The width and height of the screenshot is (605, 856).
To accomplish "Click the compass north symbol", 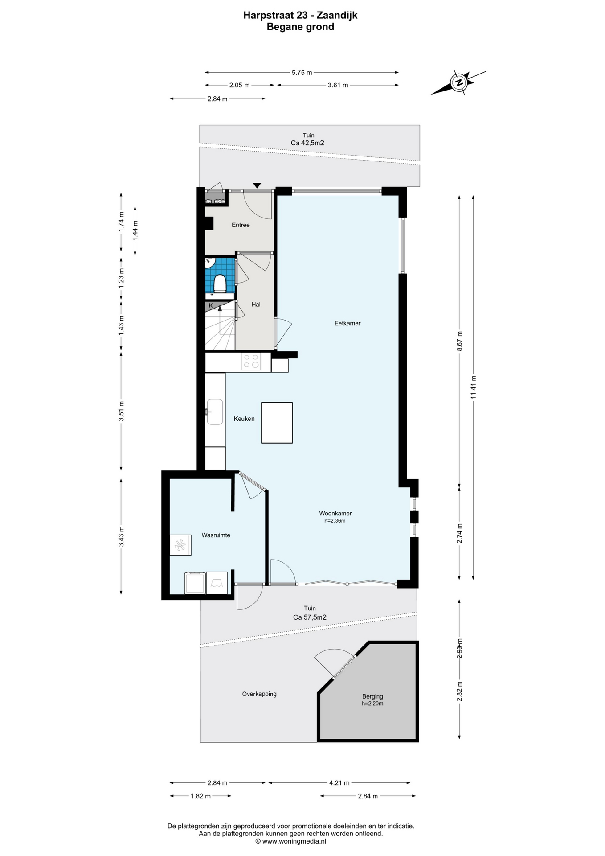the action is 458,82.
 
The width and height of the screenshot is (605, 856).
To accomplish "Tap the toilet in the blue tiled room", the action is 220,283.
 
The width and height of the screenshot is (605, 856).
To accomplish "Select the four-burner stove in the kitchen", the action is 250,361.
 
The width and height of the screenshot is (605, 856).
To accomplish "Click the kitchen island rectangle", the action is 277,423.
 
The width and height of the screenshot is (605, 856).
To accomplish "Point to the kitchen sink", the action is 215,412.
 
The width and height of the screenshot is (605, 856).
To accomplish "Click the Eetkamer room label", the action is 347,323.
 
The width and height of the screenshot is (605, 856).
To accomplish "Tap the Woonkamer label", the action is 335,513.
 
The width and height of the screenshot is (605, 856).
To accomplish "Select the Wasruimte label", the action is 216,535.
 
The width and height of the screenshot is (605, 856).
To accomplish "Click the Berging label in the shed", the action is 372,696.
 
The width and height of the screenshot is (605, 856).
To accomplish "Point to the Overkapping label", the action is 259,694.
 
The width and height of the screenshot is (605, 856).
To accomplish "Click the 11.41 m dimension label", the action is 473,387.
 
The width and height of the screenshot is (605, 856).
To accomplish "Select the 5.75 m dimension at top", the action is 302,72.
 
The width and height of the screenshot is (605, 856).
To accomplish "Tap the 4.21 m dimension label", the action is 339,782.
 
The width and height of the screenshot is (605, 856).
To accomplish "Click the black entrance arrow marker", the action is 257,185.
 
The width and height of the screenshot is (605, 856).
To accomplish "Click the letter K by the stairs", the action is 211,306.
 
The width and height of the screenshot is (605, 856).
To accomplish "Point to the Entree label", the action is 241,225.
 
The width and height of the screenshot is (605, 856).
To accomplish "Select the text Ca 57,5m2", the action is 310,617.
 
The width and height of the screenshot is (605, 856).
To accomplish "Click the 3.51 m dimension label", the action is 121,411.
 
